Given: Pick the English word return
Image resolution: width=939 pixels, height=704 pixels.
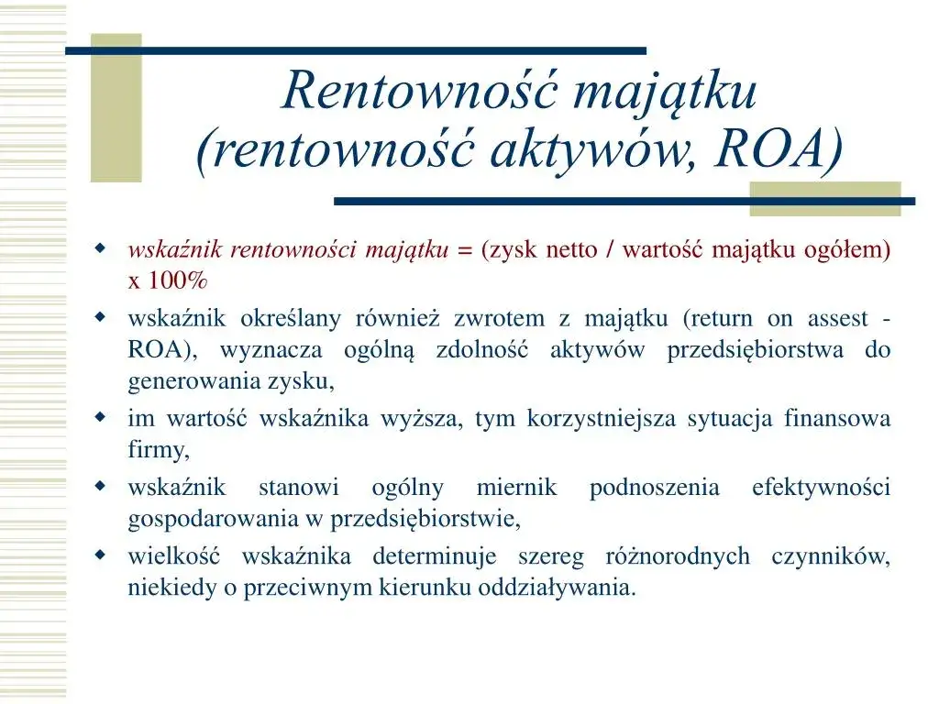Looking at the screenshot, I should coord(718,319).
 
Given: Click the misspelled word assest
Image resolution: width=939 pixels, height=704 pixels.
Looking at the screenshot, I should coord(837,319).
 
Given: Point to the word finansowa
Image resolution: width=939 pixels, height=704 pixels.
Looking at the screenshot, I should coord(837,419).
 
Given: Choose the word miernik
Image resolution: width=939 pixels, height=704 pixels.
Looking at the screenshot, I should coord(516,488).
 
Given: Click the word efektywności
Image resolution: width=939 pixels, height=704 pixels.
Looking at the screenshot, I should coord(821,488).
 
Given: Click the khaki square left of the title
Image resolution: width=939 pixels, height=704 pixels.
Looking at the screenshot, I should coord(116,108).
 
